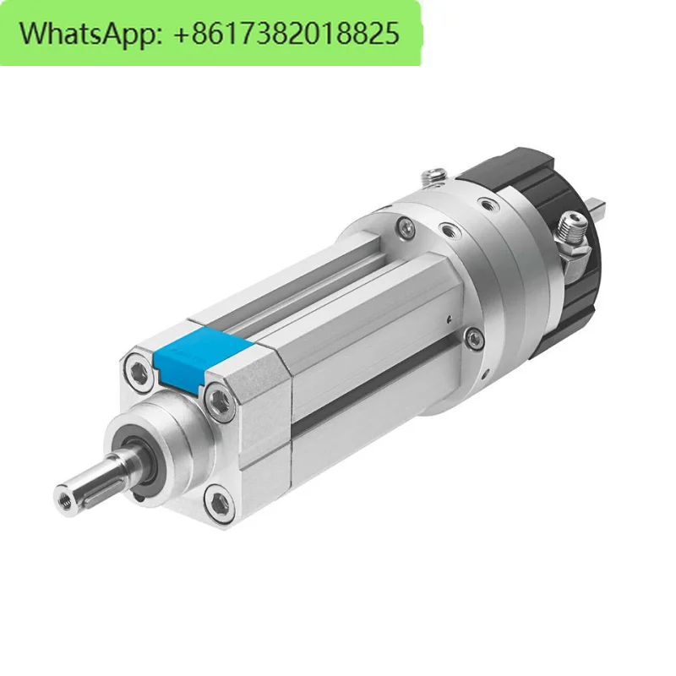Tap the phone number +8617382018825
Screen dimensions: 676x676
pos(286,34)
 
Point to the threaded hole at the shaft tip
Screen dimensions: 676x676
pos(64,494)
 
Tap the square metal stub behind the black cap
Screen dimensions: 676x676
pos(602,204)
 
